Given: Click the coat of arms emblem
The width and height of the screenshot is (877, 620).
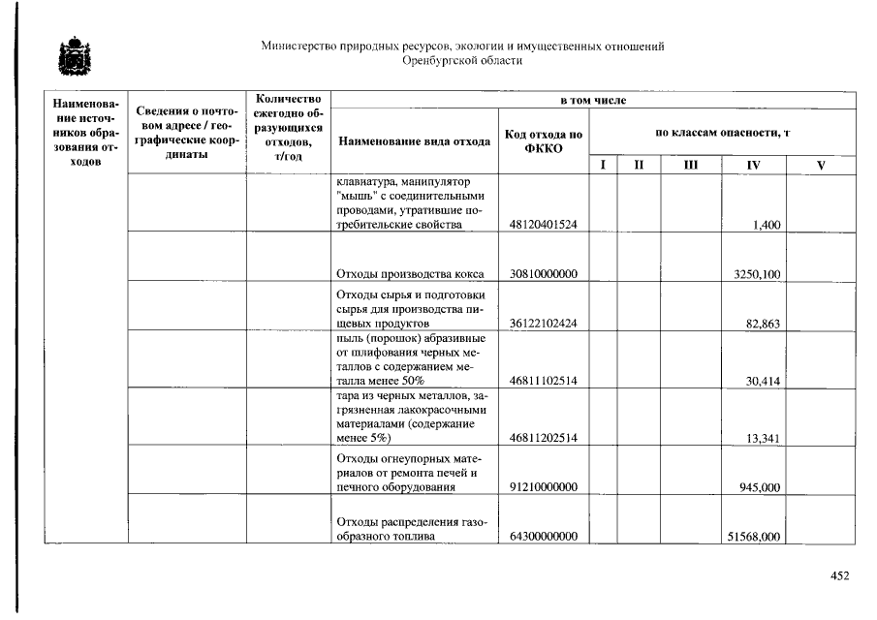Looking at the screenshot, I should pyautogui.click(x=71, y=56).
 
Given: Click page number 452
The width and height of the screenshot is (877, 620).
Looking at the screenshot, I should pyautogui.click(x=839, y=575).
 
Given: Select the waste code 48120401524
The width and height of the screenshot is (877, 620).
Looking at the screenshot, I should pyautogui.click(x=543, y=225).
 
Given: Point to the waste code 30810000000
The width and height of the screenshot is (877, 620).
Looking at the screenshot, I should pyautogui.click(x=543, y=274).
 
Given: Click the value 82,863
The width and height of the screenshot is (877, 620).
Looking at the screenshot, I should pyautogui.click(x=763, y=324).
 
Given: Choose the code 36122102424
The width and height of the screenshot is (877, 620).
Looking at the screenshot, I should pyautogui.click(x=543, y=324).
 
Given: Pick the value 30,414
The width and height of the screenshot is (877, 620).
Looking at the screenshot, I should pyautogui.click(x=763, y=382).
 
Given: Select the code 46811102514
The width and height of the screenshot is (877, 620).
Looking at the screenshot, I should pyautogui.click(x=543, y=382).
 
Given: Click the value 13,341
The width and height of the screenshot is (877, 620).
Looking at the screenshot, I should pyautogui.click(x=763, y=439).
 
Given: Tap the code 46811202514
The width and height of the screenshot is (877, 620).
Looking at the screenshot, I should pyautogui.click(x=543, y=439).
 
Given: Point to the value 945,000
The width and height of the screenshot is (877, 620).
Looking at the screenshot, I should pyautogui.click(x=760, y=487).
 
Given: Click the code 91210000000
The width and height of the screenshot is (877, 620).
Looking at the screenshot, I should pyautogui.click(x=543, y=487).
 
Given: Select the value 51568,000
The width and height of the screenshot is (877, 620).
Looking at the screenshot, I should pyautogui.click(x=754, y=537).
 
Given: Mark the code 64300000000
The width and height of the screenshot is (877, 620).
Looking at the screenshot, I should pyautogui.click(x=543, y=537).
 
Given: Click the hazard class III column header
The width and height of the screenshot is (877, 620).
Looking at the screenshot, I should pyautogui.click(x=690, y=166).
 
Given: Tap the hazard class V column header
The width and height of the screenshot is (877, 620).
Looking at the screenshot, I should pyautogui.click(x=820, y=166).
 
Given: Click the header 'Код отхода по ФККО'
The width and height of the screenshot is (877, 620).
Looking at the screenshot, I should pyautogui.click(x=543, y=141).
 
